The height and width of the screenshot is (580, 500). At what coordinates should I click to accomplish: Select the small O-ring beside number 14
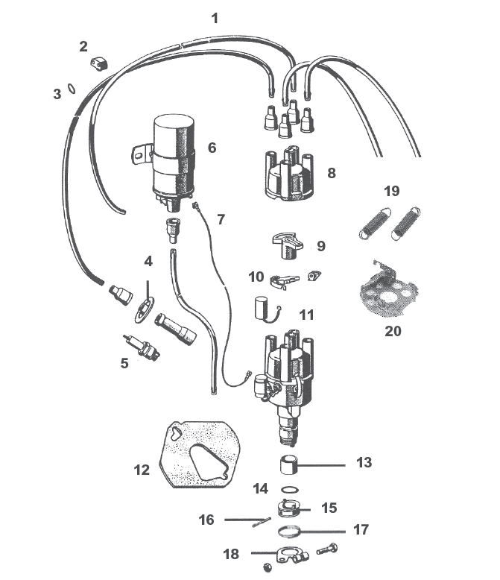(x=292, y=491)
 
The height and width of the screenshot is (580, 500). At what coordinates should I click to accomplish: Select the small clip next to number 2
(x=98, y=64)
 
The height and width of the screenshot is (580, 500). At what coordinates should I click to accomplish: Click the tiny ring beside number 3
(x=70, y=87)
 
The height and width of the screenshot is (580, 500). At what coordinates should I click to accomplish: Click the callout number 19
(x=391, y=190)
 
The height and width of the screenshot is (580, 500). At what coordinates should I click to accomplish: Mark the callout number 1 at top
(x=215, y=18)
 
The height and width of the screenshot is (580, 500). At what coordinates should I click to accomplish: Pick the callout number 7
(x=221, y=219)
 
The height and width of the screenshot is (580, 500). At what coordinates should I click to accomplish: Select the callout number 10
(x=256, y=277)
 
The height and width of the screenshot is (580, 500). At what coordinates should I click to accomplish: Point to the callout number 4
(x=148, y=262)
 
